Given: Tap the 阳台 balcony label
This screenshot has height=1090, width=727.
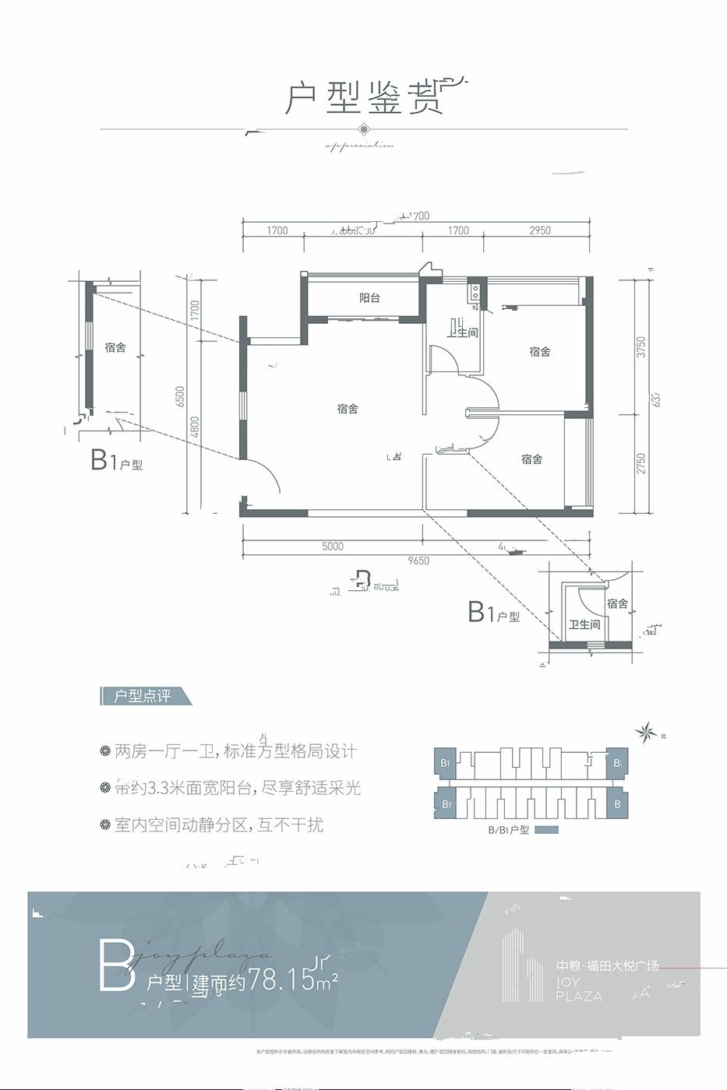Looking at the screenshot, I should pos(369,297).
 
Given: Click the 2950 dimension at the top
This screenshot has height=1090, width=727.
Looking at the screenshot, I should pos(539,230).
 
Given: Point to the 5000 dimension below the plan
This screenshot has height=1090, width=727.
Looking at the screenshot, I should pos(333,547).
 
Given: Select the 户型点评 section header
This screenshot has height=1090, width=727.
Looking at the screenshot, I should pos(143,696).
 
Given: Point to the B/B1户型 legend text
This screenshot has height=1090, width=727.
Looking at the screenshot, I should pos(508,830).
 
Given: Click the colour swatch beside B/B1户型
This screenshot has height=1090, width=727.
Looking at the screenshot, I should pos(547,830).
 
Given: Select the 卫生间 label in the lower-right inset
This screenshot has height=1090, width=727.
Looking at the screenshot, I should pos(584,624).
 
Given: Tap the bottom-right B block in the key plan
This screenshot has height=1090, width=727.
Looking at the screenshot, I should pos(617,803).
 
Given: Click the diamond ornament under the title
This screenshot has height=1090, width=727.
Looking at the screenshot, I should pos(363,129).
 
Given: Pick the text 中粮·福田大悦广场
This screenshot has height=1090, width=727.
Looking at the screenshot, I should pos(607,965).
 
